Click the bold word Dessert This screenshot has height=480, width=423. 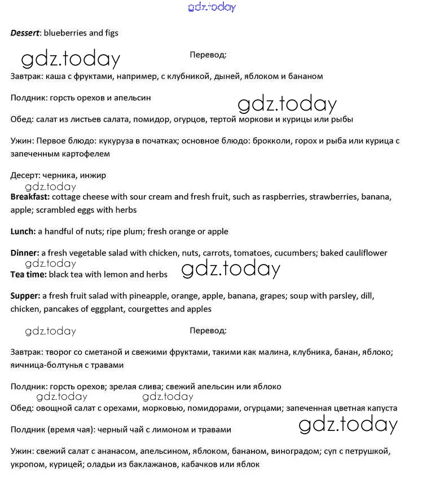point(25,33)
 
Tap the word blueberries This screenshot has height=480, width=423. point(63,33)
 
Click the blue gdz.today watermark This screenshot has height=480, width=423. point(211,7)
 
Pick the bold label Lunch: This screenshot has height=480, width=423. point(23,231)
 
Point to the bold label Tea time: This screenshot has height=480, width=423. point(29,274)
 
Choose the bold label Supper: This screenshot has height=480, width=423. point(25,296)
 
